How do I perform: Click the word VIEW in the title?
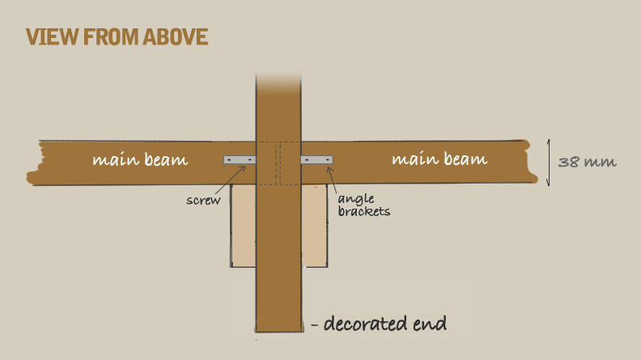tap(53, 36)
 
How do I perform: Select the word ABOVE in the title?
tap(176, 36)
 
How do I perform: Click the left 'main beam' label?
tap(140, 159)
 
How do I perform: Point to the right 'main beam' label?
tap(439, 159)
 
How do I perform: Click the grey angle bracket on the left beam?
tap(240, 159)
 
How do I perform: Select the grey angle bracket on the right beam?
tap(316, 159)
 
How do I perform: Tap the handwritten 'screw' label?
tap(203, 201)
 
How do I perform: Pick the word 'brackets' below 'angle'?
tap(364, 211)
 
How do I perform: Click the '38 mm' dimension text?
tap(587, 163)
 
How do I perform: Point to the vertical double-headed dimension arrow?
tap(549, 163)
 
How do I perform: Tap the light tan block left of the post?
tap(244, 226)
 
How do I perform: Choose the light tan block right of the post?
tap(314, 226)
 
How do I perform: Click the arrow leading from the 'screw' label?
tap(231, 180)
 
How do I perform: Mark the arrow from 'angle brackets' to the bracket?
tap(332, 180)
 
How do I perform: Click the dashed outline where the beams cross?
tap(278, 163)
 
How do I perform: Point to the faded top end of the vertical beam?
tap(278, 82)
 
